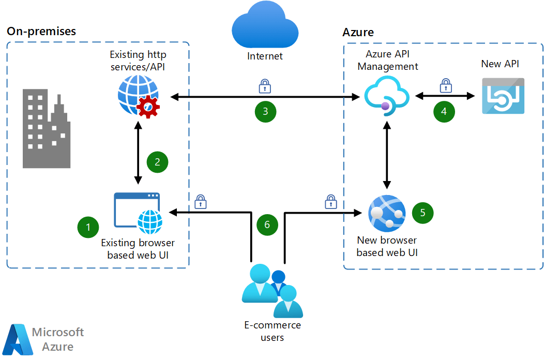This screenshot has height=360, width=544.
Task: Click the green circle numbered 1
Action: coord(88,227)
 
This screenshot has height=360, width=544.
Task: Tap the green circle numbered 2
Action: coord(157,161)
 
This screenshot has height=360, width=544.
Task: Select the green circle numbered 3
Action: coord(265,111)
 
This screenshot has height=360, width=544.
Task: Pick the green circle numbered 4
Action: coord(444,111)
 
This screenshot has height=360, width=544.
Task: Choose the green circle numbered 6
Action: coord(267,224)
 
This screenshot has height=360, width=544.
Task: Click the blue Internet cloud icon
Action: coord(265,25)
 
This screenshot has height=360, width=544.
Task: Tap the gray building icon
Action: coord(46,129)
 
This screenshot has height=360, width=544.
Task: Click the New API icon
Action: coord(503,96)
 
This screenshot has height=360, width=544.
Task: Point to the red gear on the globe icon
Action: coord(148,107)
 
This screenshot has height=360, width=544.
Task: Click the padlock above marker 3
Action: coord(265,85)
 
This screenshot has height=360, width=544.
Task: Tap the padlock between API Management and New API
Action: coord(445,85)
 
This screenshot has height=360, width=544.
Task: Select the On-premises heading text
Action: coord(41,31)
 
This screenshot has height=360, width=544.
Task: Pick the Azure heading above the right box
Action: coord(358,33)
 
